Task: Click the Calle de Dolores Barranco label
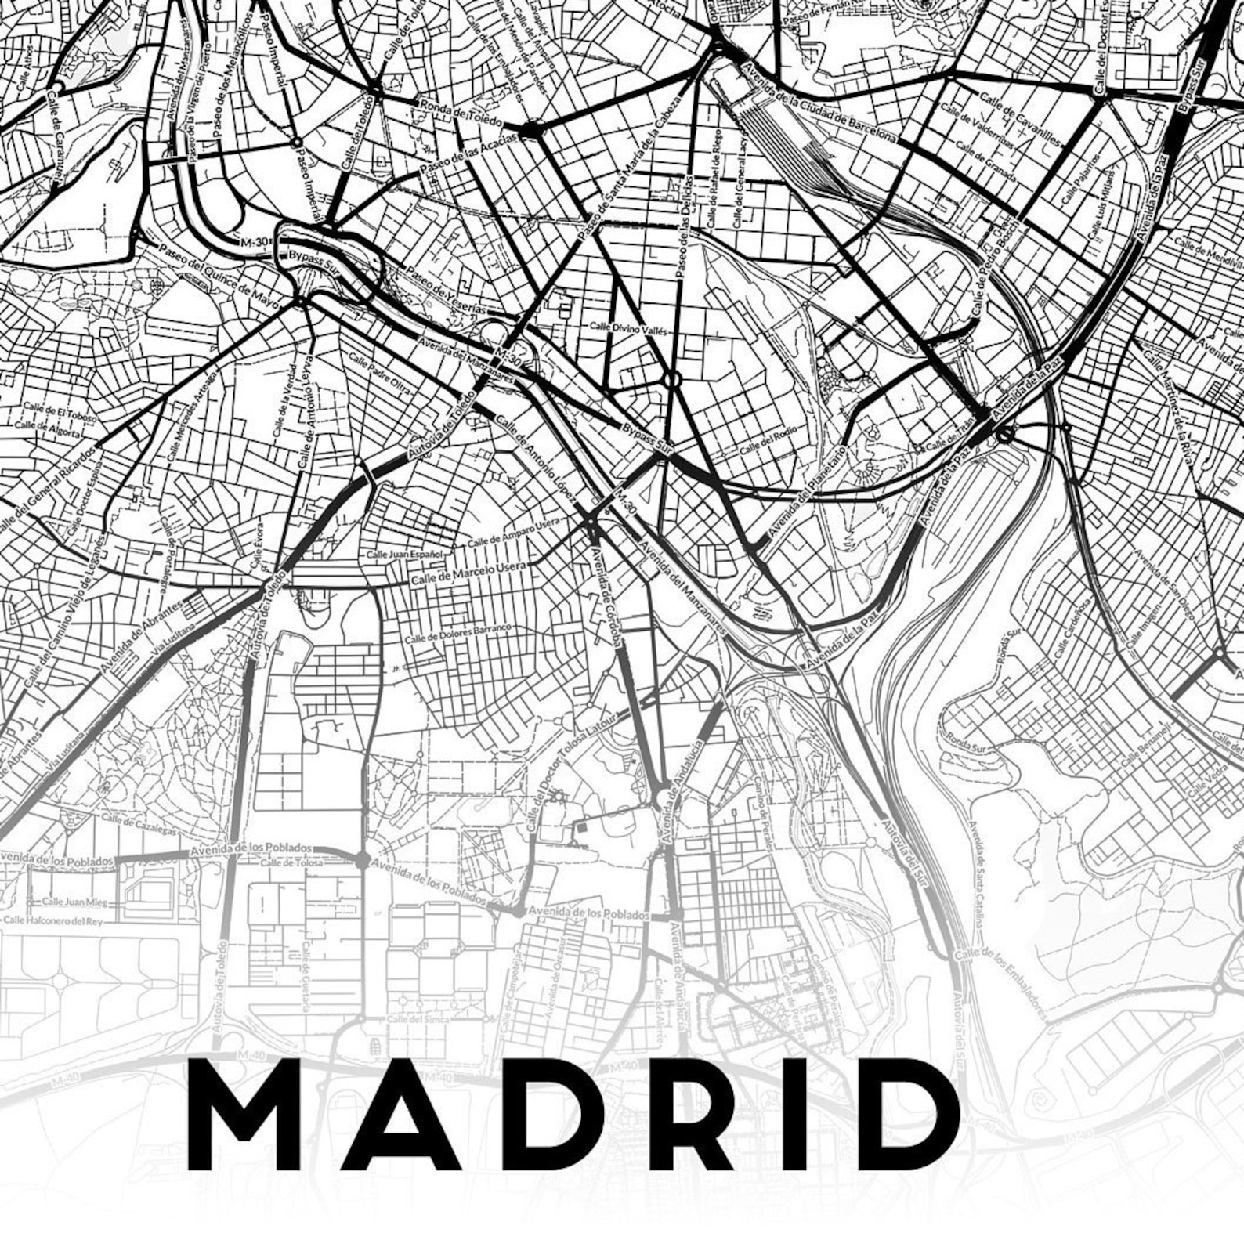pyautogui.click(x=457, y=634)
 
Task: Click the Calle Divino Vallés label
pyautogui.click(x=627, y=328)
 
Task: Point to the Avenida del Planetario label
pyautogui.click(x=807, y=493)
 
